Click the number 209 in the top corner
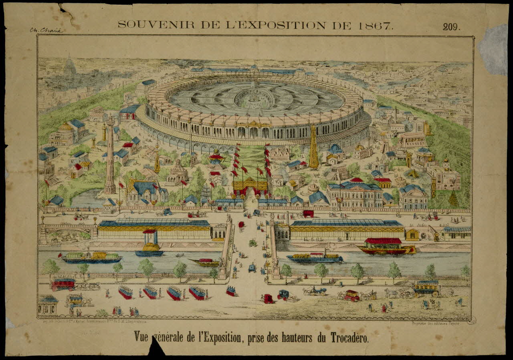(x=451, y=27)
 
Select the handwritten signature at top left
(x=46, y=30)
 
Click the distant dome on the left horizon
(x=69, y=66)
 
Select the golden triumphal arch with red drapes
(x=250, y=186)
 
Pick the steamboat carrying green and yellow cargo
(x=91, y=257)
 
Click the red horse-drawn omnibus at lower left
(x=63, y=284)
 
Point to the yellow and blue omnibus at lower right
(x=426, y=288)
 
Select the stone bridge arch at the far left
(x=67, y=234)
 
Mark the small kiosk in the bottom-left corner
(x=48, y=305)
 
